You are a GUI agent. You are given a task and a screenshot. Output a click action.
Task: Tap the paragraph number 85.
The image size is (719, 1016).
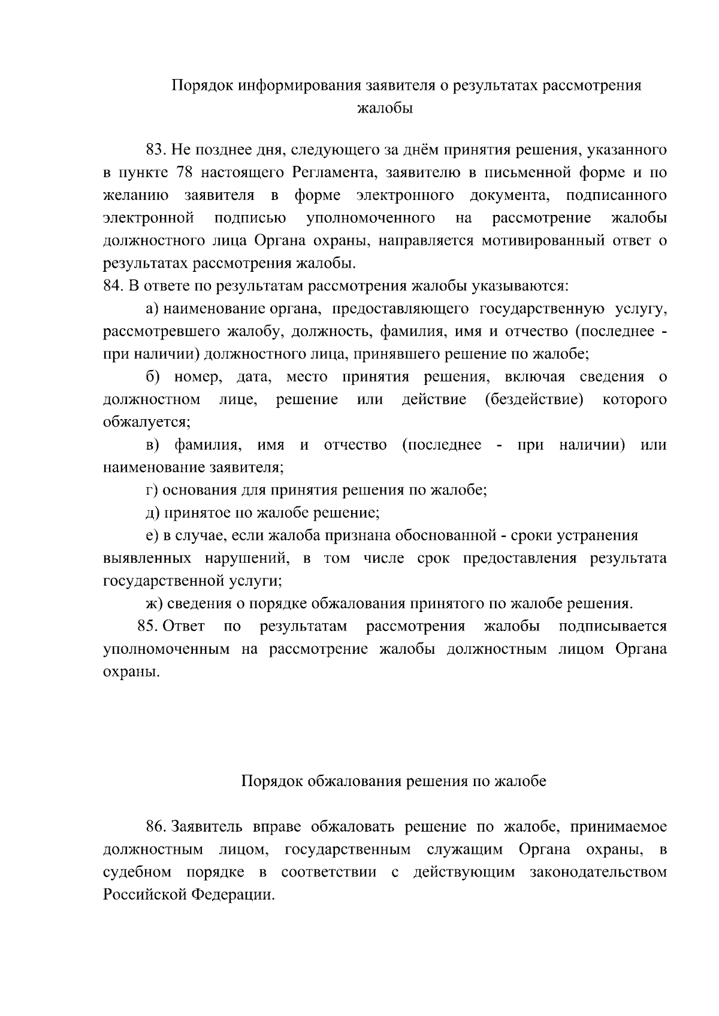point(147,626)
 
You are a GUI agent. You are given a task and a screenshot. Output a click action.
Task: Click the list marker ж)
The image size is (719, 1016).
point(155,603)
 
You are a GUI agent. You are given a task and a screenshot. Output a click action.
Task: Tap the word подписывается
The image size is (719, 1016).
point(612,626)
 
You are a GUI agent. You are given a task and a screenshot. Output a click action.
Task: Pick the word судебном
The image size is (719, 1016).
point(137,872)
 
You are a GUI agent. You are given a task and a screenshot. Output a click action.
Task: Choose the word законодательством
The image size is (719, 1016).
point(598,872)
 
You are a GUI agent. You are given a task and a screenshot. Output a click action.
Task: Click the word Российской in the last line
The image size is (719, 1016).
point(144,895)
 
